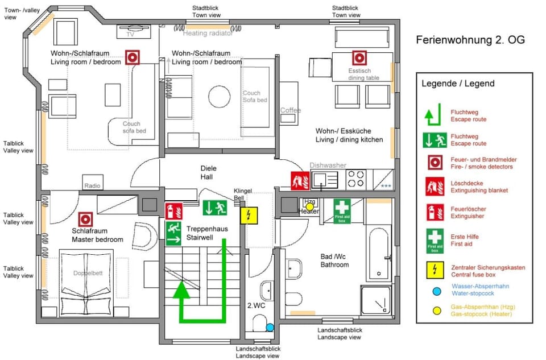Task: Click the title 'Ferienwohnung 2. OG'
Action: (470, 40)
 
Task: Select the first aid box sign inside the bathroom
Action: (341, 211)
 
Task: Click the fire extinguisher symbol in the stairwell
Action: (173, 211)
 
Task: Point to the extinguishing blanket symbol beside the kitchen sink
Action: (300, 180)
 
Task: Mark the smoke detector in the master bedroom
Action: (86, 218)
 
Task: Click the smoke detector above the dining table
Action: (359, 57)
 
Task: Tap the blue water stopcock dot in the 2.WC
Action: (270, 328)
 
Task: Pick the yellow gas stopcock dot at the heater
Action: (310, 206)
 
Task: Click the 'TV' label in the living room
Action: (131, 34)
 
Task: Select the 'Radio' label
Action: (92, 186)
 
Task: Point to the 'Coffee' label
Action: (291, 110)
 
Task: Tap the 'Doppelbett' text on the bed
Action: (86, 273)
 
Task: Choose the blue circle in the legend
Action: (436, 291)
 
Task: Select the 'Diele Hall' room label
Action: (209, 172)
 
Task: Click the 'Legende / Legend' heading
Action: (458, 84)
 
